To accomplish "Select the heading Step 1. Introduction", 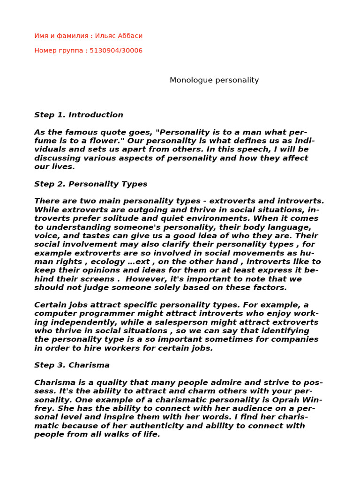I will pos(79,115).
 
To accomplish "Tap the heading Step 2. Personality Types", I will pos(91,184).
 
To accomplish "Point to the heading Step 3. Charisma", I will pos(72,365).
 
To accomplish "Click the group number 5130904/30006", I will pos(117,51).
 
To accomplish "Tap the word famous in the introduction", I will pos(80,133).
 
